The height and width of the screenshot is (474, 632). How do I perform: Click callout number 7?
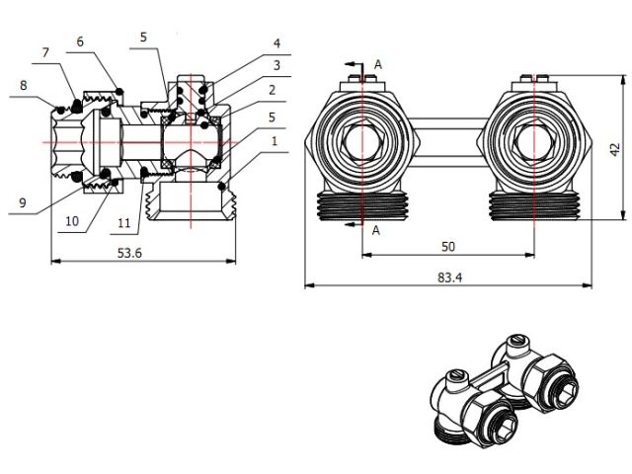(45, 51)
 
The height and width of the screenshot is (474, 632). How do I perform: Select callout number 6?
(81, 42)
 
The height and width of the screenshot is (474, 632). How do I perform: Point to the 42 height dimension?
(614, 149)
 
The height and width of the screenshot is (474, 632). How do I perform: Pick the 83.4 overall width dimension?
(449, 277)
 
